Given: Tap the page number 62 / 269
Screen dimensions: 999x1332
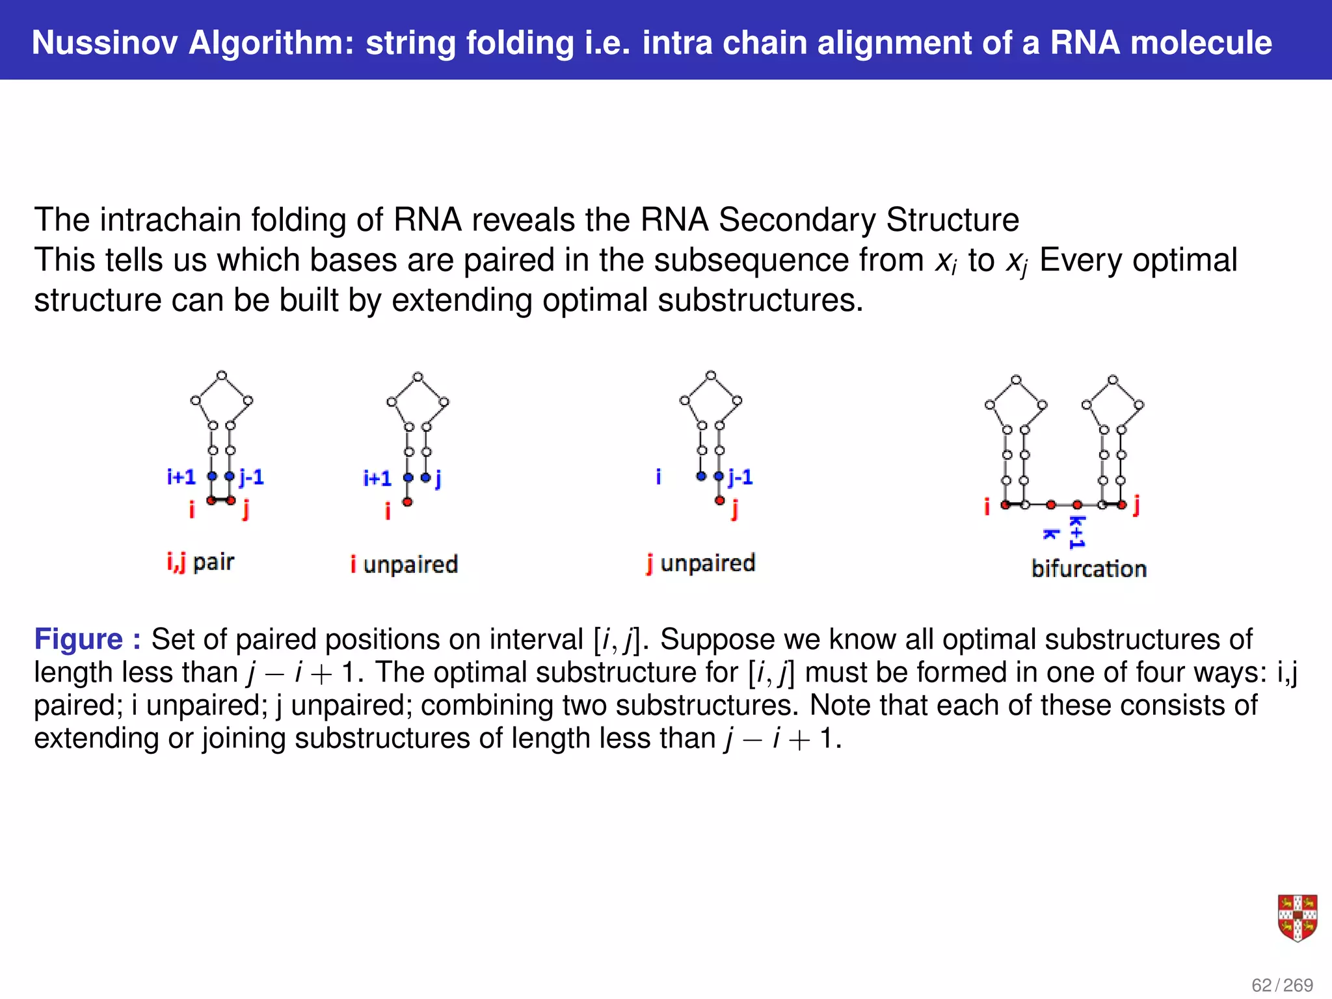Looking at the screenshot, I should [x=1282, y=985].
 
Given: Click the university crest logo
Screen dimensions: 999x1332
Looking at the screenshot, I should [x=1297, y=918].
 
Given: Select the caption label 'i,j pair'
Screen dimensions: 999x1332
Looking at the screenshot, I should [x=200, y=561].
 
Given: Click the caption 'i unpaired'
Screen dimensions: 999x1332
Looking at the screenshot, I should [x=404, y=564].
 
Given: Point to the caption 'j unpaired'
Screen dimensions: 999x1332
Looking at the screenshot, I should [x=700, y=563].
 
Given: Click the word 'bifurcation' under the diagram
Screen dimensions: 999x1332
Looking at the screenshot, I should [x=1089, y=568].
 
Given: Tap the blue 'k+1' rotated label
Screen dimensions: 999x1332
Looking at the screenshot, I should [x=1077, y=533].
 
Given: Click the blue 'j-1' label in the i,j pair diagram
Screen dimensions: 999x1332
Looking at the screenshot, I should [x=251, y=477].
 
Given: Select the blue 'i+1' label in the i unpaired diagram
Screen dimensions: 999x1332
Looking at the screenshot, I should [x=377, y=479].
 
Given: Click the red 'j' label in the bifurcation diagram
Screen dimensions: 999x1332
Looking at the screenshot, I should [x=1136, y=504].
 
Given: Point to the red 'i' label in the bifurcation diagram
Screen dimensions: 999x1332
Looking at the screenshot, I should [x=987, y=506].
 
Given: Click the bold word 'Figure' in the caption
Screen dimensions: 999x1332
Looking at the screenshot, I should [x=78, y=639].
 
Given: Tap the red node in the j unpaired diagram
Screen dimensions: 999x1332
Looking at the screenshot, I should [x=719, y=500].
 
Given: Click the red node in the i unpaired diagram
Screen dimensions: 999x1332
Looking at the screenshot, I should [x=407, y=501].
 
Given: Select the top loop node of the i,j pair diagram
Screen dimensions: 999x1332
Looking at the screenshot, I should [x=222, y=375].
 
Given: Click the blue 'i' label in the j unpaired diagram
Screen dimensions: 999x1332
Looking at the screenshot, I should [x=658, y=477].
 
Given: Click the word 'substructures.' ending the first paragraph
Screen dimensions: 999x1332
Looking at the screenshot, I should [x=760, y=300].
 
